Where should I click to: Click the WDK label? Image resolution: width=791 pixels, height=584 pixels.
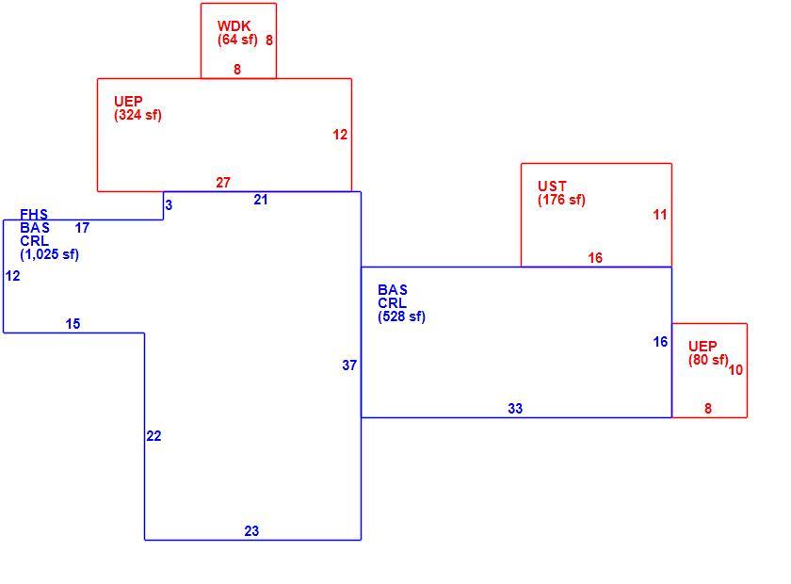(x=234, y=25)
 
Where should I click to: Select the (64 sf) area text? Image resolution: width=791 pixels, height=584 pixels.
(x=237, y=40)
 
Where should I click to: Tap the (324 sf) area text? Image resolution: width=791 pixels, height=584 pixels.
(x=137, y=115)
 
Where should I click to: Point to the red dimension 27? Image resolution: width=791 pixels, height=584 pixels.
(x=223, y=182)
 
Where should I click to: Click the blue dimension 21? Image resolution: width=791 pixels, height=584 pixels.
(x=260, y=200)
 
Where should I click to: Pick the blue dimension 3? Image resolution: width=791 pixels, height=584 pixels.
(x=169, y=205)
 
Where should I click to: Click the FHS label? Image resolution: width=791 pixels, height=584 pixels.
(x=34, y=215)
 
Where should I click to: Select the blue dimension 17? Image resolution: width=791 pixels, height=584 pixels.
(x=82, y=228)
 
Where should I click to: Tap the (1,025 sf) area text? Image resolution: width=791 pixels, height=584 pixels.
(x=49, y=254)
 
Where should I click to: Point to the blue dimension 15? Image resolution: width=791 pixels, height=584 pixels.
(x=73, y=323)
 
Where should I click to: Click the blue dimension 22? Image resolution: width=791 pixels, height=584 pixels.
(x=153, y=435)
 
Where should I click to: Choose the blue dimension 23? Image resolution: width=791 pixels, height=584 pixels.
(x=251, y=530)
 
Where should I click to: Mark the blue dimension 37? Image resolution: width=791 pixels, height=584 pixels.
(x=349, y=365)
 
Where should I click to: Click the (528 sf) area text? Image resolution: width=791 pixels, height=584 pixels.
(x=401, y=316)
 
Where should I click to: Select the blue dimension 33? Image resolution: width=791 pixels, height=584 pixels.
(x=515, y=409)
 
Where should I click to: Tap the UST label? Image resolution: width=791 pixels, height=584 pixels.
(x=552, y=186)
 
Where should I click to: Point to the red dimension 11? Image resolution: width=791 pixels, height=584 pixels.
(x=660, y=215)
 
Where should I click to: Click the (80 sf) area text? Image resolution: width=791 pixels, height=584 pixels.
(x=708, y=360)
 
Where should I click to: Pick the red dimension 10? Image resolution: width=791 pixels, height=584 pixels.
(x=735, y=370)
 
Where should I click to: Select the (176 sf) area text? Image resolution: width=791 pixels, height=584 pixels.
(x=561, y=200)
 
